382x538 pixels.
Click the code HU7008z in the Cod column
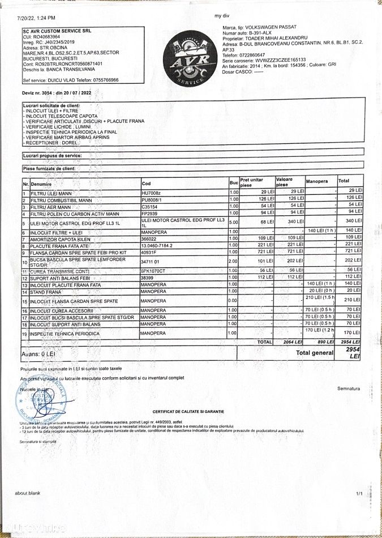click(151, 193)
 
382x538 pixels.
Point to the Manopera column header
click(317, 182)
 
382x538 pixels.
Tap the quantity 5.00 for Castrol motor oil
click(233, 222)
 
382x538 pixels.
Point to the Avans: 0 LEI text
click(39, 353)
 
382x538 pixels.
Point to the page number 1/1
click(359, 494)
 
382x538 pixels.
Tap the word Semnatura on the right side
click(349, 388)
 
